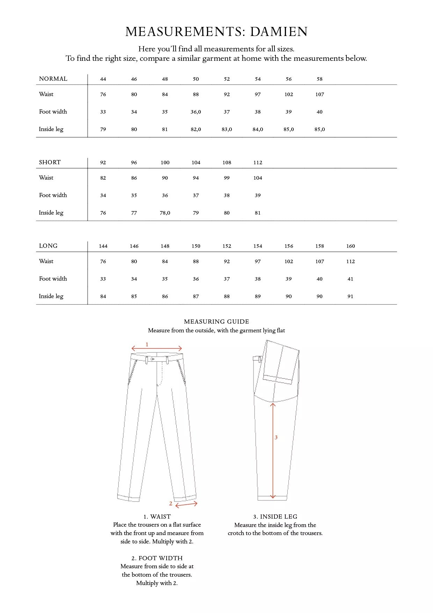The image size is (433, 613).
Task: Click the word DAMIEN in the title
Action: point(279,32)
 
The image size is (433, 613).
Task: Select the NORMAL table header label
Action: point(53,79)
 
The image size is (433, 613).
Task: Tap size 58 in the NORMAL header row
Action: point(320,79)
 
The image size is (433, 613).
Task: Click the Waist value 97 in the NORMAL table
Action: point(258,94)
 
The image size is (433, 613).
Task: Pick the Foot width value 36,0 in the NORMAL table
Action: point(196,112)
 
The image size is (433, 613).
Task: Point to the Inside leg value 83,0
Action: point(227,129)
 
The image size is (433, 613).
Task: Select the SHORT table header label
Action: point(50,162)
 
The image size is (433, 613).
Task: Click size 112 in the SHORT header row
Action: point(258,163)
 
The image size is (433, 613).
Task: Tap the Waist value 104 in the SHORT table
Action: point(258,178)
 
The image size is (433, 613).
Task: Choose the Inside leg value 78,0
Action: point(165,213)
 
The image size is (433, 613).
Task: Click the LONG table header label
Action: point(48,246)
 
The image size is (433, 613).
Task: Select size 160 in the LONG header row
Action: point(351,246)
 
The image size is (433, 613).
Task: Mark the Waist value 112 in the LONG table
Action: point(351,261)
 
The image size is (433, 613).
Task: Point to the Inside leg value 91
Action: point(350,296)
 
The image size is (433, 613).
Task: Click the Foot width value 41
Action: point(350,279)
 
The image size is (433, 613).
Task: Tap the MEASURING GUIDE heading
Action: point(216,322)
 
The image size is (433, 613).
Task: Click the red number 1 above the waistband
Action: point(147,345)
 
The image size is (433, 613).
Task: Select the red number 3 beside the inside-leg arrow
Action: point(276,437)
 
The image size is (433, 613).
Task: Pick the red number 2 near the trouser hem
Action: point(171,504)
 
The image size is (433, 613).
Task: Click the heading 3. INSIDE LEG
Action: point(275,517)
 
